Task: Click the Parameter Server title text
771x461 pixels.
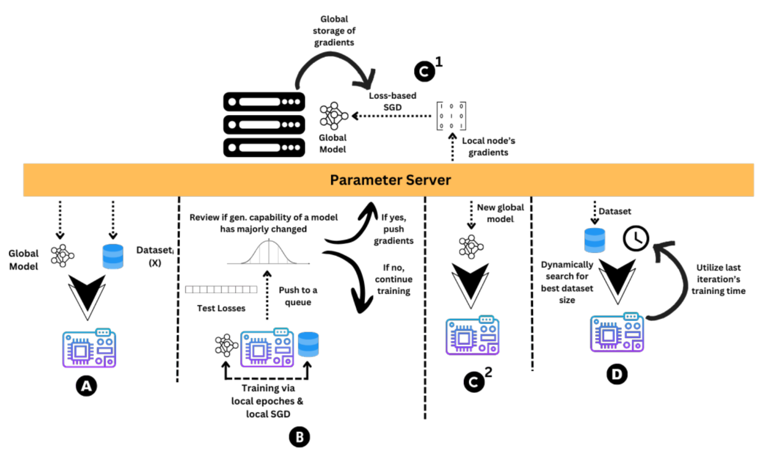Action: coord(390,180)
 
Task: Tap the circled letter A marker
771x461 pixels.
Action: coord(87,386)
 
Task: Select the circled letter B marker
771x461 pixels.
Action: coord(299,437)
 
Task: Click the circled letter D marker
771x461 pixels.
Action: coord(617,374)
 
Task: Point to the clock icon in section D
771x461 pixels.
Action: coord(635,238)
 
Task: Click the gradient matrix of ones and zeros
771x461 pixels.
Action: coord(451,116)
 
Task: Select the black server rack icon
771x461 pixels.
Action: coord(264,125)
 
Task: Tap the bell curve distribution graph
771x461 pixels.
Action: coord(269,252)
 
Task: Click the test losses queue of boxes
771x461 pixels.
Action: coord(221,290)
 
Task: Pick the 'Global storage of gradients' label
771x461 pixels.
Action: coord(334,31)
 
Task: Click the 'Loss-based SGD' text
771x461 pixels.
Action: coord(392,101)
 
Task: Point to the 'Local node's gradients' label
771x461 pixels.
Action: coord(489,147)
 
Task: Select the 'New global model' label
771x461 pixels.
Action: coord(500,213)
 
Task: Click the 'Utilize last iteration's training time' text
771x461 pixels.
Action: coord(718,279)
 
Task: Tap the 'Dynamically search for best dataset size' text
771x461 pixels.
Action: coord(567,282)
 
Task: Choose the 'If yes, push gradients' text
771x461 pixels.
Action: coord(393,229)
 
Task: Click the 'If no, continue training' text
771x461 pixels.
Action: coord(393,279)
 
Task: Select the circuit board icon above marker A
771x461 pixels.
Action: coord(89,349)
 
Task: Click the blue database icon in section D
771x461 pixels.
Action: coord(594,240)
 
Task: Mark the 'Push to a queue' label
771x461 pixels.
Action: coord(298,296)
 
